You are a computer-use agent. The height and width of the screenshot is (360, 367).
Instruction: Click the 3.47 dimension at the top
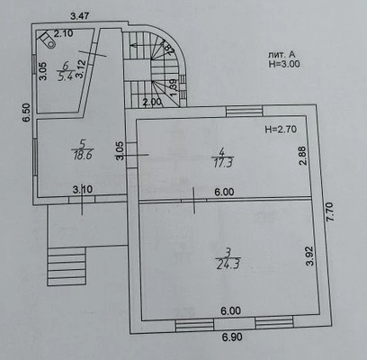81,15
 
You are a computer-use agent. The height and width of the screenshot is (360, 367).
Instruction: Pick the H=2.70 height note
282,130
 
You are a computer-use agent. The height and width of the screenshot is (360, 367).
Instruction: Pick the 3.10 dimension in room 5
82,189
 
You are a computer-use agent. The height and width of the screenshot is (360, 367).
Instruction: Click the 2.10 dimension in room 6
63,34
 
